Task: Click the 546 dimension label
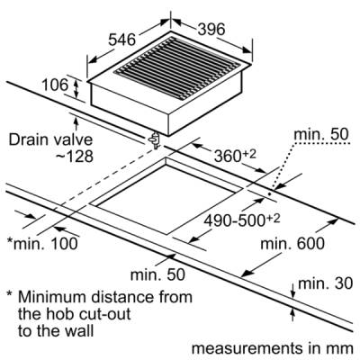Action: [121, 40]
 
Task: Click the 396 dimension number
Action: [211, 29]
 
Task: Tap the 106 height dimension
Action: [55, 85]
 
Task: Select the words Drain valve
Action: [50, 140]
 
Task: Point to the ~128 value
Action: [75, 157]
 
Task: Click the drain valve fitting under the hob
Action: [155, 140]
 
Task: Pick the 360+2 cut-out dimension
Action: [235, 155]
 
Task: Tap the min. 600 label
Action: [292, 244]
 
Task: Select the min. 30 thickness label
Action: [325, 283]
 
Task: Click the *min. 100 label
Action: [42, 244]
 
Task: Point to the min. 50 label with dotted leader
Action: [321, 134]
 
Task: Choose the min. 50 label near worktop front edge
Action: [157, 274]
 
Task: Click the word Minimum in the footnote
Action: [52, 297]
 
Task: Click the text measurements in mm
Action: [272, 348]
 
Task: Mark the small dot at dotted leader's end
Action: [269, 193]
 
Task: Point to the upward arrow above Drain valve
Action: [76, 125]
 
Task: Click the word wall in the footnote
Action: [80, 331]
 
